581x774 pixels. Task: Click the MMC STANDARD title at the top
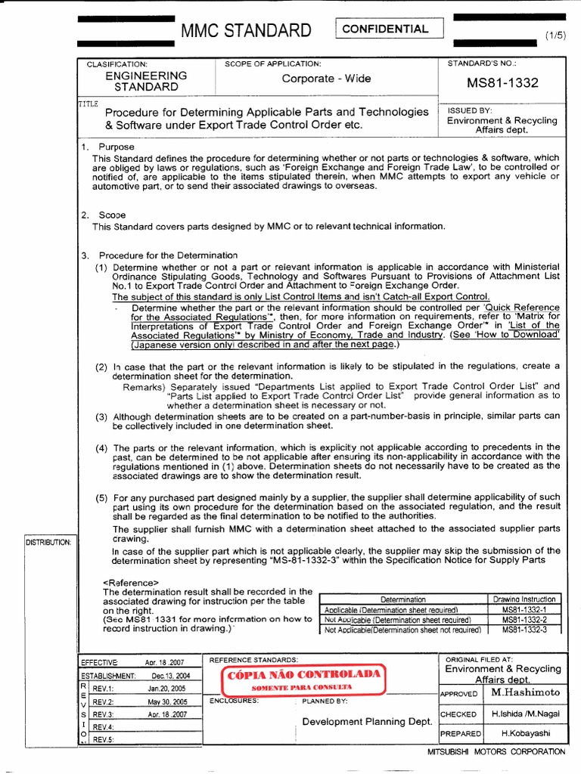coord(246,31)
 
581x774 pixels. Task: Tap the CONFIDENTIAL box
coord(386,29)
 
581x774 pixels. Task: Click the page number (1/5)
coord(555,36)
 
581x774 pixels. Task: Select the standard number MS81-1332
coord(502,82)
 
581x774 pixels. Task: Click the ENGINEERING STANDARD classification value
coord(146,81)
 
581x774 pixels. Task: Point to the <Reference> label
coord(130,582)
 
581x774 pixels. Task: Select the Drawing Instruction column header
coord(524,599)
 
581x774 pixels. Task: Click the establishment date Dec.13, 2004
coord(170,676)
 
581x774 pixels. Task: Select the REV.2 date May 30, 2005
coord(168,701)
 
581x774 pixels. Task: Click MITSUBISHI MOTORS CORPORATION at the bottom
coord(496,751)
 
